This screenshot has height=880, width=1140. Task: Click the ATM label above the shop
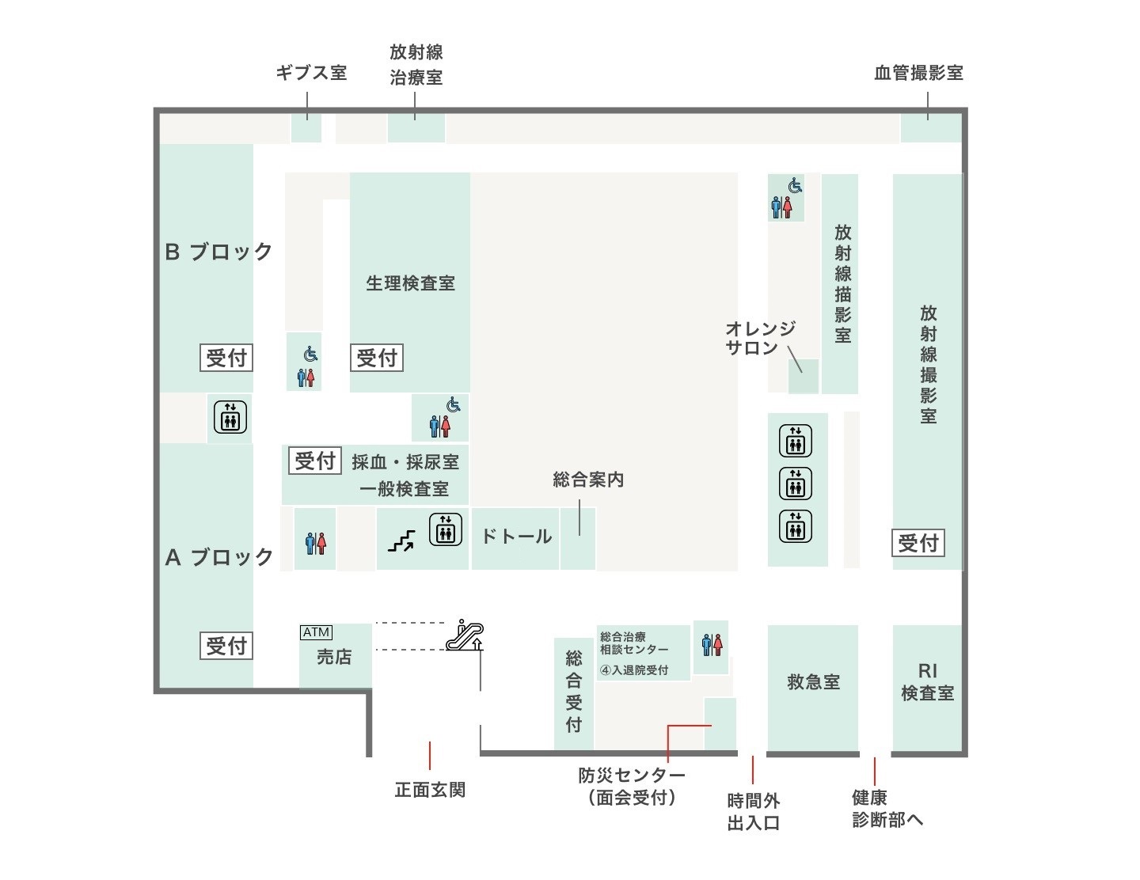click(x=316, y=632)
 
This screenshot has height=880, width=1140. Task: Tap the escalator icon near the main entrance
click(x=465, y=635)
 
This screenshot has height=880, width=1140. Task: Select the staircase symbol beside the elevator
click(x=401, y=541)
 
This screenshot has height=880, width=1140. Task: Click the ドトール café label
click(x=516, y=537)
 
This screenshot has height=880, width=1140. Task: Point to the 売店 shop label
click(x=334, y=657)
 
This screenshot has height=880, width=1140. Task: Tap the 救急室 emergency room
click(x=813, y=682)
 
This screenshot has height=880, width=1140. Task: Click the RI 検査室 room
click(x=927, y=682)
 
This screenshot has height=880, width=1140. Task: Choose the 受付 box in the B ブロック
click(x=226, y=358)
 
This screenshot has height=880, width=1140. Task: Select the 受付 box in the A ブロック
click(x=226, y=646)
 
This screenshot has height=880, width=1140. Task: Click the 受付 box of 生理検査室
click(x=377, y=358)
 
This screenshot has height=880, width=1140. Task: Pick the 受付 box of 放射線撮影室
click(x=918, y=543)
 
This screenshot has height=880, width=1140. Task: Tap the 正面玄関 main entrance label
click(x=430, y=790)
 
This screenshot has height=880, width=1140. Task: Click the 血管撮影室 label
click(x=918, y=73)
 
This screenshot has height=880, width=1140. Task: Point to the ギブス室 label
click(x=311, y=73)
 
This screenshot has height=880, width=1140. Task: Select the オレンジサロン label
click(x=760, y=338)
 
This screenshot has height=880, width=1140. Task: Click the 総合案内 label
click(x=588, y=480)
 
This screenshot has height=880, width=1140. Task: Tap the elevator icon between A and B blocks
click(x=230, y=417)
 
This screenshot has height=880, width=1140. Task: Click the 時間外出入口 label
click(x=754, y=812)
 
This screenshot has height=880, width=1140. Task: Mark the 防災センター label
click(x=632, y=785)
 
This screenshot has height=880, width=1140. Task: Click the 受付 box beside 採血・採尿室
click(x=315, y=461)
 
